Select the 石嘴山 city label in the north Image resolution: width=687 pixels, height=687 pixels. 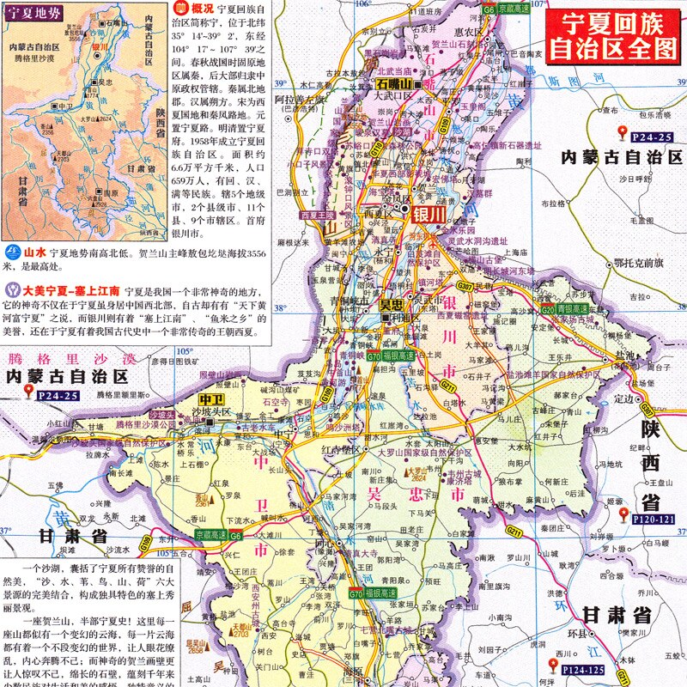pos(395,84)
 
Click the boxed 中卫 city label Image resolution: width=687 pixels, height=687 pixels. pos(210,399)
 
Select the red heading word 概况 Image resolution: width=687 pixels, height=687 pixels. pos(203,9)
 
